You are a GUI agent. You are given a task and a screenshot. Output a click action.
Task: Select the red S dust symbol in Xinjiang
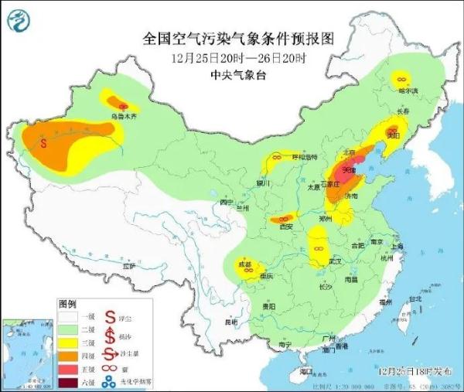(x=44, y=142)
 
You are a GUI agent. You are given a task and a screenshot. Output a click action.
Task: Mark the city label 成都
(x=245, y=265)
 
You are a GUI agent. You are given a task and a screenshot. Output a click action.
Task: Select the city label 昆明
(x=228, y=321)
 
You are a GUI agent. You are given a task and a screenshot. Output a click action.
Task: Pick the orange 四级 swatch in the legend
(x=69, y=355)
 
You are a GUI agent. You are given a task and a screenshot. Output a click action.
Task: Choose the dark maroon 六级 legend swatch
(x=69, y=381)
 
